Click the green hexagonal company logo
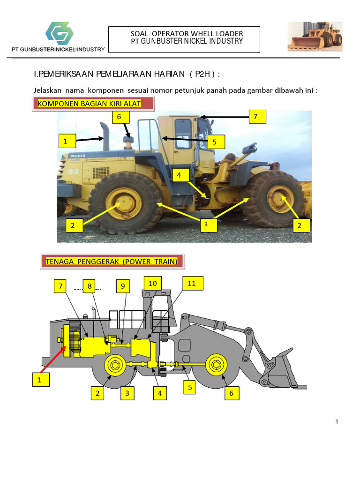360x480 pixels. [x=60, y=33]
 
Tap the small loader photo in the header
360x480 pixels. [x=315, y=37]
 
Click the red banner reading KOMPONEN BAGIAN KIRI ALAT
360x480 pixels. [x=93, y=104]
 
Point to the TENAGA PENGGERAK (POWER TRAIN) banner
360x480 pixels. [x=112, y=262]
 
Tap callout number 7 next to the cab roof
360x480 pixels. [x=257, y=117]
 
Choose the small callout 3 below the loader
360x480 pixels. [x=209, y=225]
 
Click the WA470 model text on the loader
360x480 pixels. [x=78, y=156]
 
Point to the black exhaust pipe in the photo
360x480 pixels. [x=105, y=135]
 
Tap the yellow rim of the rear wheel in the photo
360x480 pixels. [x=124, y=203]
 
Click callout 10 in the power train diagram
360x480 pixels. [x=153, y=284]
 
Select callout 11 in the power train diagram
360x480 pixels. [x=193, y=284]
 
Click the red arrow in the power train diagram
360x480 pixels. [x=53, y=359]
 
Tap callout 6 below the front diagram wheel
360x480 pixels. [x=232, y=393]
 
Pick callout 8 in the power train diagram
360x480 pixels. [x=90, y=286]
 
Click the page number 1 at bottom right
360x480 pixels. [x=337, y=421]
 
